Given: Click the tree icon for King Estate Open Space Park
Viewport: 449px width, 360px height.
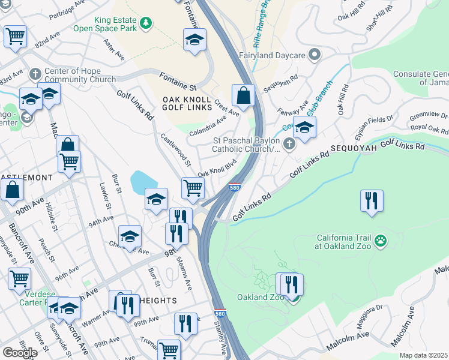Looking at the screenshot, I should (x=145, y=23).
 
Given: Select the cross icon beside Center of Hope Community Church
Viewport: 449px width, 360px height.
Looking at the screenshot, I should (x=35, y=74).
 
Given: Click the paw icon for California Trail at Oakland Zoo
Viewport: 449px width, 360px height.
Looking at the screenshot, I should (x=380, y=241).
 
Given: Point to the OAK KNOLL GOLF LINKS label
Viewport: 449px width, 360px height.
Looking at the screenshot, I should (x=187, y=103).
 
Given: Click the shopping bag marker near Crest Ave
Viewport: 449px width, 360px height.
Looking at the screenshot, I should (x=243, y=95).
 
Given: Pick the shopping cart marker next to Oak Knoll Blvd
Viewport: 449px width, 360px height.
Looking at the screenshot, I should (x=193, y=187).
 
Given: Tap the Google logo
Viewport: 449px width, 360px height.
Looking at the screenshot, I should (x=20, y=352).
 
